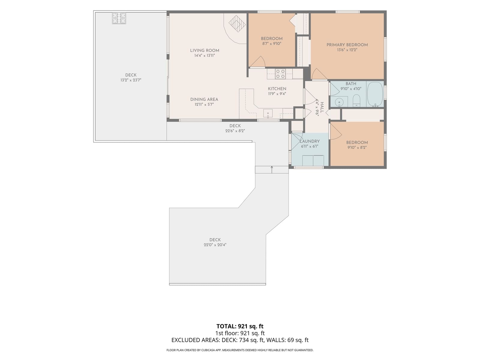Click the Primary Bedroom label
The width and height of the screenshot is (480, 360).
(347, 45)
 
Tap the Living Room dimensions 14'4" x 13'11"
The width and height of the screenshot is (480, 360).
(205, 55)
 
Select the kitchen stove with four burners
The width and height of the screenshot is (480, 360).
(280, 74)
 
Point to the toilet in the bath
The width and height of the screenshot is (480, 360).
(356, 100)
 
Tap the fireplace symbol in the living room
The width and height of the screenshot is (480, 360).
(237, 23)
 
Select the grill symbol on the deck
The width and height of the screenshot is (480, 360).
(119, 18)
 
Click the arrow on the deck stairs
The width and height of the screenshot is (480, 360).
(272, 169)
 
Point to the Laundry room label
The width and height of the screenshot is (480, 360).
(309, 141)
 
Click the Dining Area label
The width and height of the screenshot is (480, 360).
(204, 100)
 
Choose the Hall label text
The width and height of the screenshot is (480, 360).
(322, 107)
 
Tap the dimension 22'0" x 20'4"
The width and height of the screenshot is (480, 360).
(215, 245)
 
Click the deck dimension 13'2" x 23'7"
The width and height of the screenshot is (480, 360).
(131, 80)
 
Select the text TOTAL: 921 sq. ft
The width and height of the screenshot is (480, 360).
(240, 326)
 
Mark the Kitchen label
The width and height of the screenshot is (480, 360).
(277, 89)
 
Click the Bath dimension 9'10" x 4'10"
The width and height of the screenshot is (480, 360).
(351, 89)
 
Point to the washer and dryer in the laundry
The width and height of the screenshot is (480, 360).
(313, 160)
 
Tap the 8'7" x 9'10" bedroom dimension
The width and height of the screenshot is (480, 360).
(271, 43)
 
